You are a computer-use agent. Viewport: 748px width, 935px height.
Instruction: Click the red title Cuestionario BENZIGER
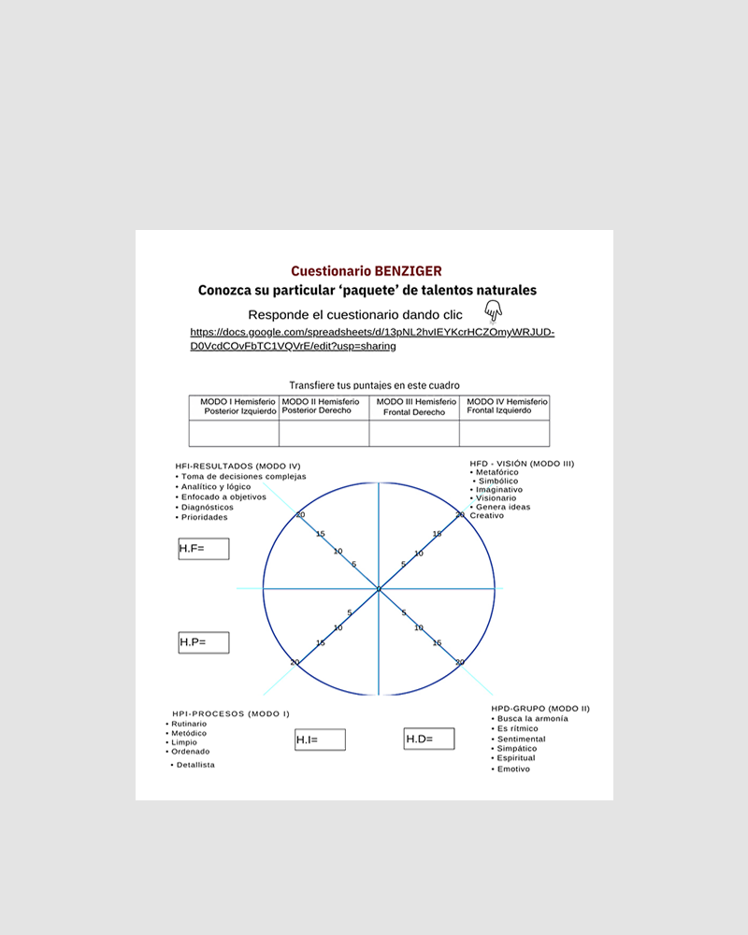[367, 271]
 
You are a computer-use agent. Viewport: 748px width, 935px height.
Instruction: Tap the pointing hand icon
[493, 312]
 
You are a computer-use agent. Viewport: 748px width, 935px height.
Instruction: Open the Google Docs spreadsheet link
[372, 338]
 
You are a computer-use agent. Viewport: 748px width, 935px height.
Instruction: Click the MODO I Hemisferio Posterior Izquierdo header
[234, 407]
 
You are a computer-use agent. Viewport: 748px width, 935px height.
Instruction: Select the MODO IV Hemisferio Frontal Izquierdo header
[504, 406]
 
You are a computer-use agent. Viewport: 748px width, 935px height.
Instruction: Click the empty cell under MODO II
[324, 434]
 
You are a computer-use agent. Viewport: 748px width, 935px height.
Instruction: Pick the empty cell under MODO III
[414, 434]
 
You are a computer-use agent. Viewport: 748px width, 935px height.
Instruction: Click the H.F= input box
[204, 549]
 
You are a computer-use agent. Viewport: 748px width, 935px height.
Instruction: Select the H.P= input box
[204, 642]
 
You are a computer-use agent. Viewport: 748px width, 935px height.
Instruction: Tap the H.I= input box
[320, 740]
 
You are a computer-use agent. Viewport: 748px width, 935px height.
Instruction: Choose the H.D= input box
[429, 739]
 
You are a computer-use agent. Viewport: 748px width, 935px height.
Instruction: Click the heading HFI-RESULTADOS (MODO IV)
[237, 466]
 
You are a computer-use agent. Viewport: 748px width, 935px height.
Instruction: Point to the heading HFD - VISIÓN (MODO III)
[522, 464]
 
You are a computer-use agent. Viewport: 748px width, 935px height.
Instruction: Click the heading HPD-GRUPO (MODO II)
[540, 709]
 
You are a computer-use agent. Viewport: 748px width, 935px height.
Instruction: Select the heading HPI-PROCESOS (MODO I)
[231, 713]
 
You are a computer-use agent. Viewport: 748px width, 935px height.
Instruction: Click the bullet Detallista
[195, 765]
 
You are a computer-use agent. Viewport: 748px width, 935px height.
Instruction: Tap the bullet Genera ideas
[503, 507]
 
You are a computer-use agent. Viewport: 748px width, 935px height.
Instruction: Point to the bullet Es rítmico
[519, 728]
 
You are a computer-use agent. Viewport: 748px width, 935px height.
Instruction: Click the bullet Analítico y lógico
[216, 486]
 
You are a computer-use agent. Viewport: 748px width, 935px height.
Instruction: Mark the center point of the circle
[379, 589]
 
